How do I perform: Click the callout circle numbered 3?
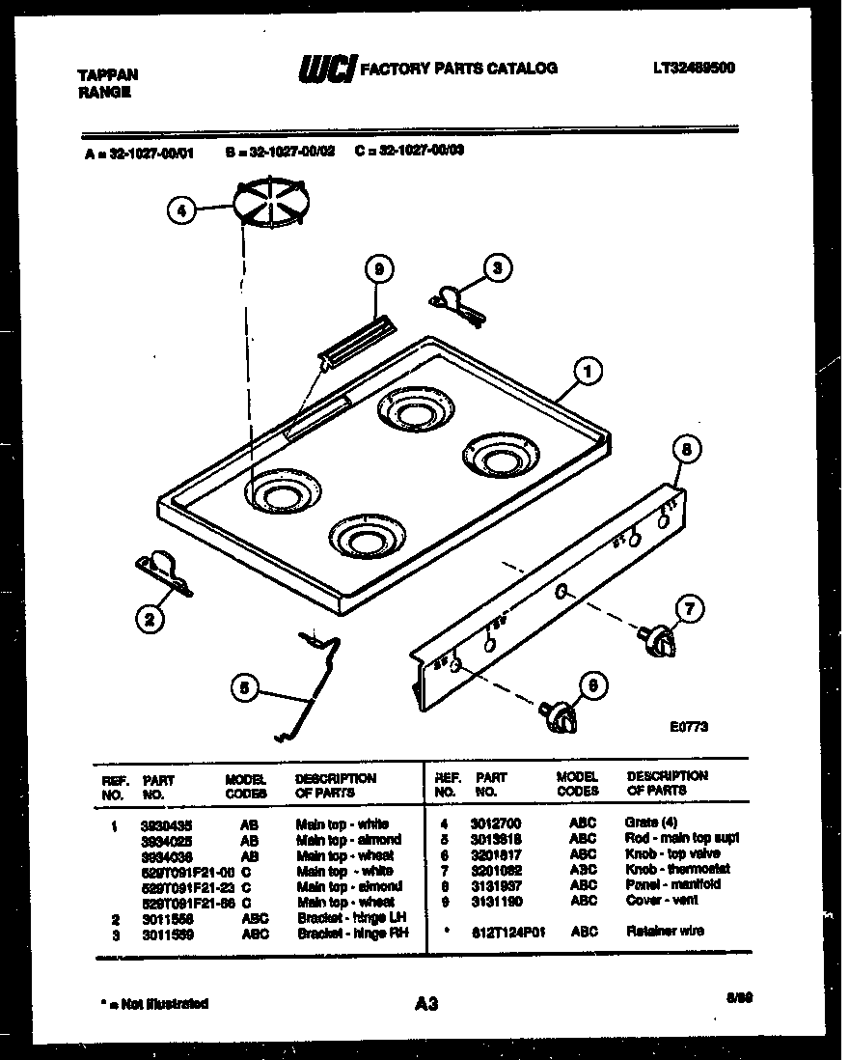pos(496,268)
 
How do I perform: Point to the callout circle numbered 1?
pos(588,369)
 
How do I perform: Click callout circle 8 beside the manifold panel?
pos(686,450)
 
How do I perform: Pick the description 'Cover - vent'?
pos(662,900)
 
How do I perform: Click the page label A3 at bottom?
pos(426,1005)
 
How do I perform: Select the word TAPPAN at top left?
pos(107,75)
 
